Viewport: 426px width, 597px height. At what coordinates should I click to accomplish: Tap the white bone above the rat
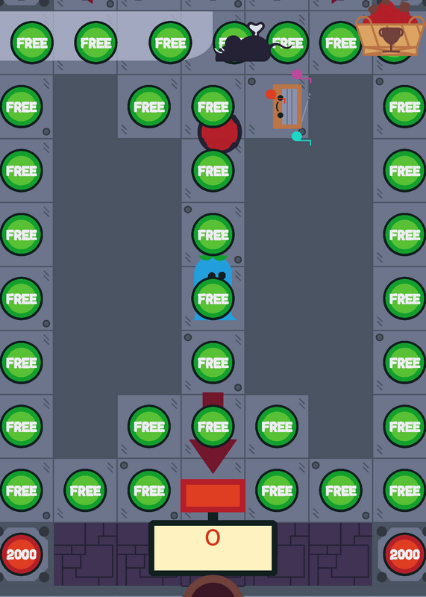point(256,29)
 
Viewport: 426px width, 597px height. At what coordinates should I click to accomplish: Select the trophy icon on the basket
point(391,38)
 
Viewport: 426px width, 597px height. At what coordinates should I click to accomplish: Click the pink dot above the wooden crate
point(297,75)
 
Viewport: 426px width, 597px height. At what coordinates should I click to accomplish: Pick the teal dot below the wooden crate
point(297,137)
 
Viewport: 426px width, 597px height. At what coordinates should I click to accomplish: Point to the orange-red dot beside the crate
point(271,95)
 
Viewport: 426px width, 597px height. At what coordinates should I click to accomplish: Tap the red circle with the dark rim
point(220,134)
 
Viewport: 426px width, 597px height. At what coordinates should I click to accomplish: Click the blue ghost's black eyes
point(217,275)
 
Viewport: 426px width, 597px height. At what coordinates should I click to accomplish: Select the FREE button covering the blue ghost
point(213,298)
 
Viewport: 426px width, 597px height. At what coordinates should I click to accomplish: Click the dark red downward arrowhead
point(213,456)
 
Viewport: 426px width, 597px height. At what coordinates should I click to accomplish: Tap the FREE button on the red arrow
point(213,426)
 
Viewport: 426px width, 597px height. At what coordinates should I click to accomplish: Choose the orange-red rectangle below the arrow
point(213,496)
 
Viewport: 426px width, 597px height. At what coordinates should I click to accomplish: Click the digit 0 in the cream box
point(213,537)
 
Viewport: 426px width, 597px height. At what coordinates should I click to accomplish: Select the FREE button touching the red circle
point(213,107)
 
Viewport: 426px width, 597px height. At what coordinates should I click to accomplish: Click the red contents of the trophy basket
point(389,11)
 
